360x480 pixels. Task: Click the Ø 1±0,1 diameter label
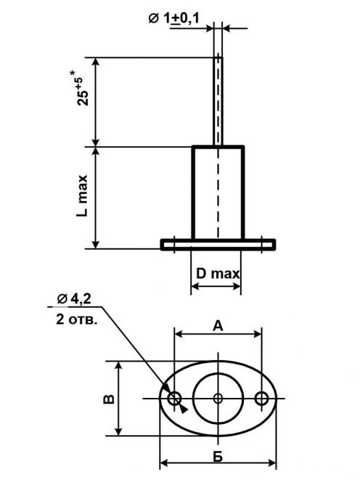(x=173, y=18)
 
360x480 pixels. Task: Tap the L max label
(x=82, y=196)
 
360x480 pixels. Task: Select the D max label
(x=218, y=273)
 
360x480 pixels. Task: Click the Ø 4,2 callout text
(x=74, y=298)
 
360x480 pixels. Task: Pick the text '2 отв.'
(x=77, y=320)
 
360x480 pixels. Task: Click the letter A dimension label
(x=218, y=326)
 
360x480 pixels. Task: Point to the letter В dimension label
(x=109, y=399)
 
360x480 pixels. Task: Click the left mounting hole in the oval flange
(x=175, y=399)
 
